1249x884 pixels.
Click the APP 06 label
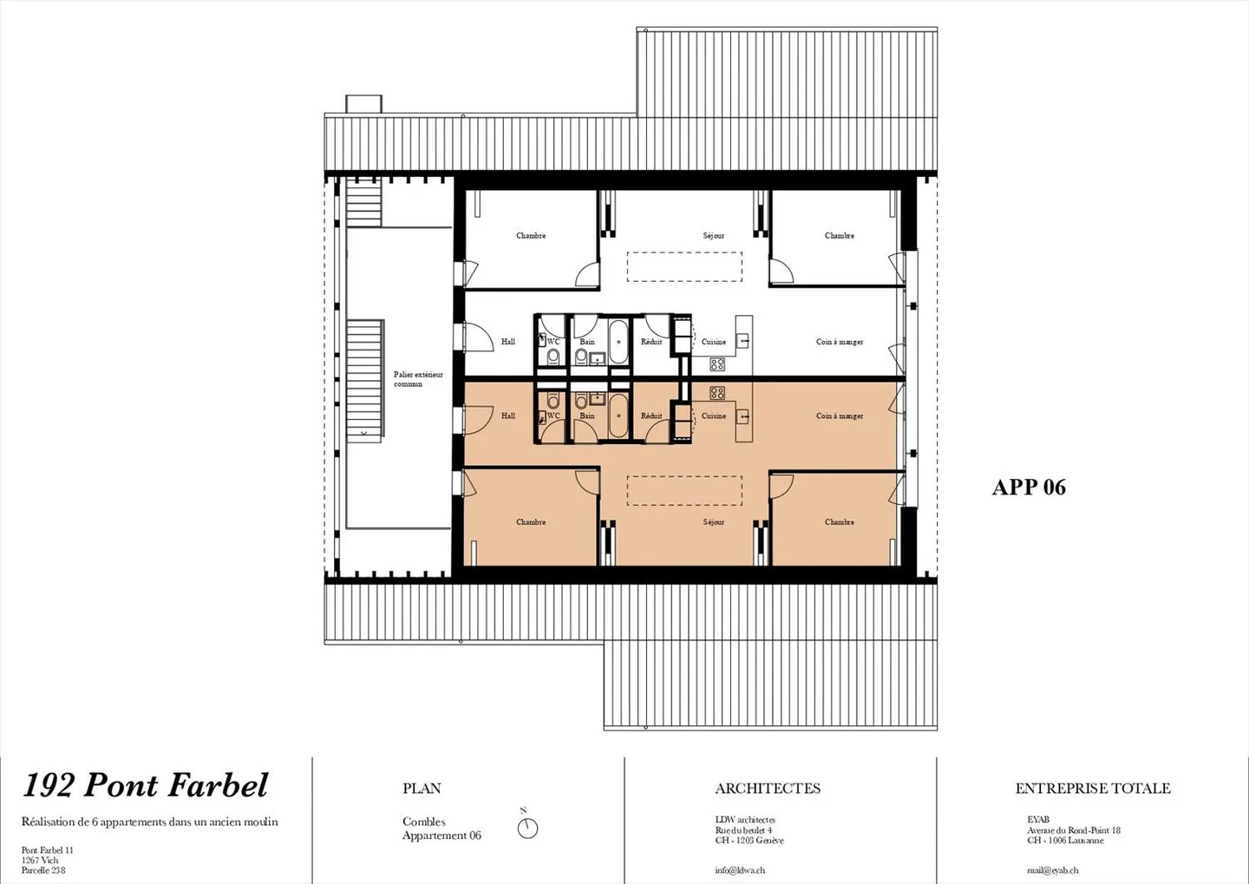[x=1029, y=488]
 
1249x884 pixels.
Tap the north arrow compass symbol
[x=527, y=828]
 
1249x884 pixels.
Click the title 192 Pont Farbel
[x=145, y=786]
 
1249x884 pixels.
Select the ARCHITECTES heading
[x=768, y=789]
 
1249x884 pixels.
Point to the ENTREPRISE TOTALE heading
[x=1093, y=789]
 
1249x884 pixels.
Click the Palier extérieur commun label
[x=418, y=379]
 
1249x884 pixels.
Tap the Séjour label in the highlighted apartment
[x=714, y=522]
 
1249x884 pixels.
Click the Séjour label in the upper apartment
[x=714, y=236]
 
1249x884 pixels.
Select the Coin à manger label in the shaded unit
[x=840, y=416]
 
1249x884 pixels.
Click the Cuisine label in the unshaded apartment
[x=714, y=342]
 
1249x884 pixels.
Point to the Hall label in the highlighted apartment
[x=508, y=416]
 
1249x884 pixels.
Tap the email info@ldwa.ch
[x=740, y=870]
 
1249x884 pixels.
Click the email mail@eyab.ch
[x=1053, y=870]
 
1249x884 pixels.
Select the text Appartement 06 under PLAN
[x=441, y=835]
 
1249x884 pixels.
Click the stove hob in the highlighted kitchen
[x=717, y=393]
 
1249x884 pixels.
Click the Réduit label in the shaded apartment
[x=651, y=416]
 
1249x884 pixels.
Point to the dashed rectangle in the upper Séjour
[x=685, y=266]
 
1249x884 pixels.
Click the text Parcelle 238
[x=43, y=870]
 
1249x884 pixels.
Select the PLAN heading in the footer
[x=422, y=789]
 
